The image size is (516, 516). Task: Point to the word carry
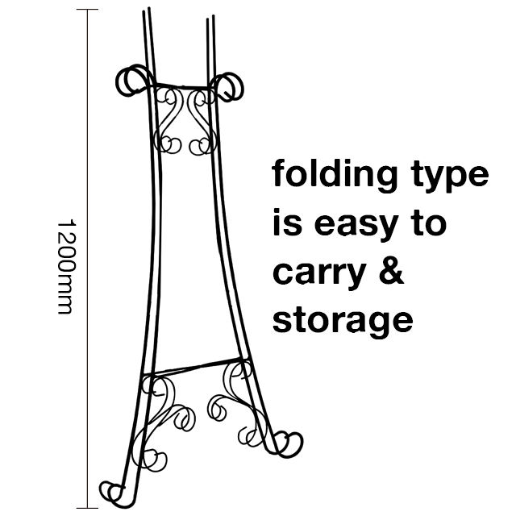319,275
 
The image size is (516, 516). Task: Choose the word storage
343,321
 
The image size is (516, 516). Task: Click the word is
287,222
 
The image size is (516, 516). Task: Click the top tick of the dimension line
87,10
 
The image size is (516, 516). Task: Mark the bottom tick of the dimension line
87,508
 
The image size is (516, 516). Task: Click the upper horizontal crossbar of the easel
181,86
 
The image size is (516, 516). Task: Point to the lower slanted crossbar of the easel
196,366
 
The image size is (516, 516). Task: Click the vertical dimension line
87,259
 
